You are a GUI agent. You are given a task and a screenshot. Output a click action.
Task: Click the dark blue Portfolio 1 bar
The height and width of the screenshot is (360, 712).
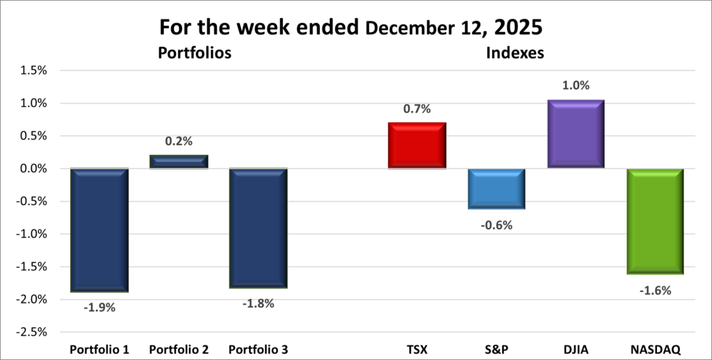click(99, 230)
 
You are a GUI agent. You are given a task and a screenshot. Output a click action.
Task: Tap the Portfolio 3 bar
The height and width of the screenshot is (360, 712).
click(258, 228)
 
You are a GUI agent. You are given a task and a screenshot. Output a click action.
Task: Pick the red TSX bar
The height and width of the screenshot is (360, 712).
click(416, 145)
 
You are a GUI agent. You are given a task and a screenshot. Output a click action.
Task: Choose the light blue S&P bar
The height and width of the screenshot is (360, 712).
click(496, 188)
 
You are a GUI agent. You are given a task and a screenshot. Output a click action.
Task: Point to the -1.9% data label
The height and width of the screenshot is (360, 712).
click(99, 306)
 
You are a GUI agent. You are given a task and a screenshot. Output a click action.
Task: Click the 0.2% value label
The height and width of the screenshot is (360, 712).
click(179, 141)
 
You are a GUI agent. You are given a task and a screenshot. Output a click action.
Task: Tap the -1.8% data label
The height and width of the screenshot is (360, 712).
click(258, 303)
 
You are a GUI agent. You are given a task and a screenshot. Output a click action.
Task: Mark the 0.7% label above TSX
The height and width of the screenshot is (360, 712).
click(416, 108)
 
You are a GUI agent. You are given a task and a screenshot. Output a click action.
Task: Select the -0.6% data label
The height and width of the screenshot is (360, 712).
click(496, 224)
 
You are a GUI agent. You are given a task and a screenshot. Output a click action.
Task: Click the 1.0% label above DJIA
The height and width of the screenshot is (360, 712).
click(575, 85)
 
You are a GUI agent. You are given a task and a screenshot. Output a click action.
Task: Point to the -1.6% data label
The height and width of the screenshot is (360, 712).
click(654, 291)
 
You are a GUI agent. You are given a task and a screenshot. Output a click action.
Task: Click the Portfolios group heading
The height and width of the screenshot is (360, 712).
click(194, 52)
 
